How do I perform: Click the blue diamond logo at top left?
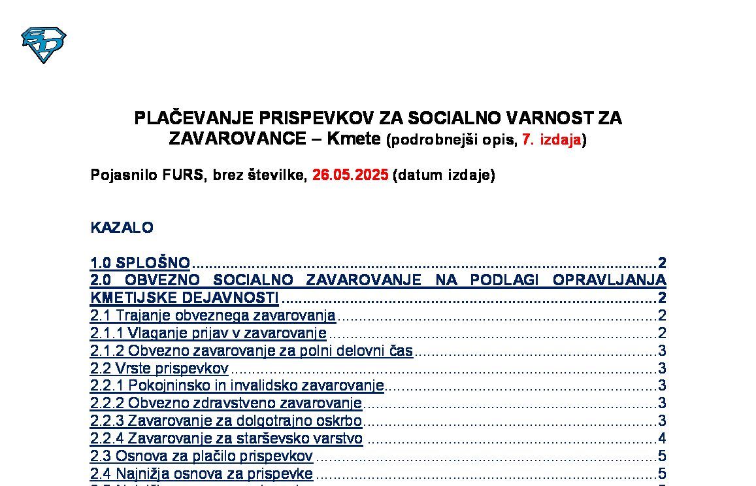point(44,45)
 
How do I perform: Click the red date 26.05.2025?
point(350,175)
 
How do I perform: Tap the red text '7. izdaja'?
point(551,139)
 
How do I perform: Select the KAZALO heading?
point(122,228)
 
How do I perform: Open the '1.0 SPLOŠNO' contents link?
point(140,264)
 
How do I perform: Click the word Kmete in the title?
point(353,139)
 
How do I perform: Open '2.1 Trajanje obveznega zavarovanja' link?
point(213,315)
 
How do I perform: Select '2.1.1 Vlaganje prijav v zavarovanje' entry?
point(208,333)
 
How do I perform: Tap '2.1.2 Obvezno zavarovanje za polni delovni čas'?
point(252,351)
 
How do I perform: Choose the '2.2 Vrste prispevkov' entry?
point(159,368)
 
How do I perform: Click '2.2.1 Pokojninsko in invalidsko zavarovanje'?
point(237,386)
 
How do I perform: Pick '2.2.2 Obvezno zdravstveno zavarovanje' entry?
point(226,403)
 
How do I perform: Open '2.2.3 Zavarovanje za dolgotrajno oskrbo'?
point(226,421)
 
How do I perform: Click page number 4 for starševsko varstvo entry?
point(662,438)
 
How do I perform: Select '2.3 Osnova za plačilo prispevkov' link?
point(201,456)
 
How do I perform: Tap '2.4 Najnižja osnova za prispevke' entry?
point(201,474)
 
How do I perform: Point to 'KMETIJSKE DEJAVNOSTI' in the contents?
point(184,298)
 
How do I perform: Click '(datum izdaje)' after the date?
point(444,175)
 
